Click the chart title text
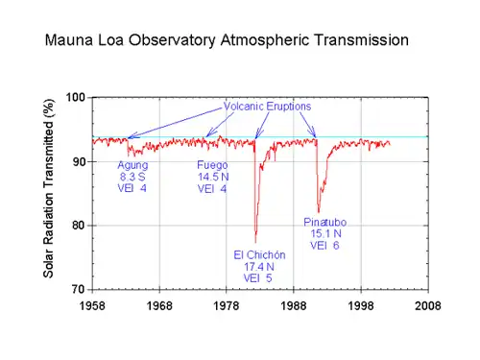tap(227, 40)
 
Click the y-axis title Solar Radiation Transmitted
tap(48, 188)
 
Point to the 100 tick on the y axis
tap(76, 97)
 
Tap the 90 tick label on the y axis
tap(79, 162)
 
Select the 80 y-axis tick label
tap(79, 226)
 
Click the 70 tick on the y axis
tap(79, 289)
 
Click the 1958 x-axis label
tap(92, 306)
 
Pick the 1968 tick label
tap(159, 306)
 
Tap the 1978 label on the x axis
tap(227, 306)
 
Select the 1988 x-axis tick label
tap(294, 306)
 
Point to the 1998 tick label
tap(361, 306)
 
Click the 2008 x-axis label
tap(428, 306)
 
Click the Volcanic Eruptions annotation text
tap(267, 107)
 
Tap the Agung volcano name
tap(132, 166)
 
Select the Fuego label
tap(212, 165)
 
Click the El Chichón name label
tap(259, 255)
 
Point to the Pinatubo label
tap(325, 222)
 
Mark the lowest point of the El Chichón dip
tap(255, 243)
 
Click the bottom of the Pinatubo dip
tap(319, 212)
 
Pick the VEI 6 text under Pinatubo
tap(324, 246)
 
